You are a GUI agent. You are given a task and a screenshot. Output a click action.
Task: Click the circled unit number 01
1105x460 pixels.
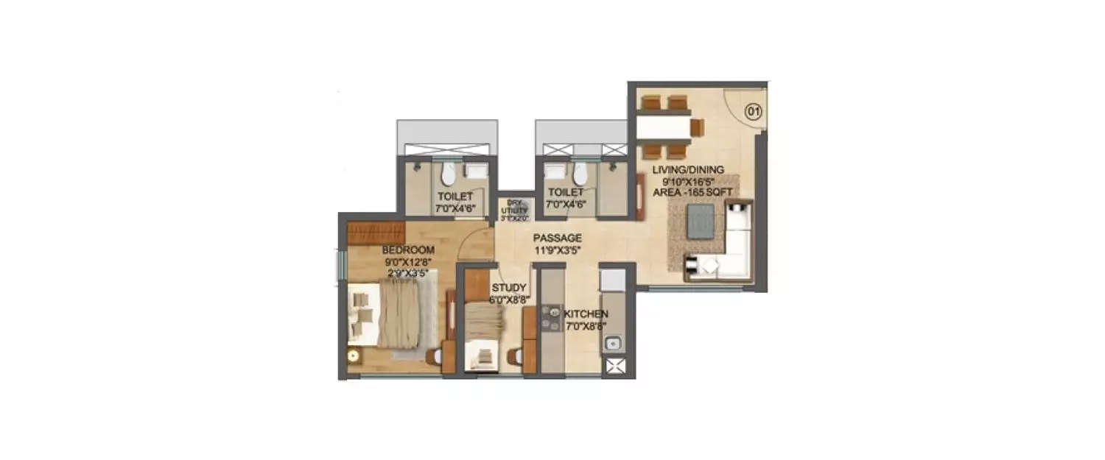coord(752,112)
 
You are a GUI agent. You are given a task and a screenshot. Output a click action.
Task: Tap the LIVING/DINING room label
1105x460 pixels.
coord(687,170)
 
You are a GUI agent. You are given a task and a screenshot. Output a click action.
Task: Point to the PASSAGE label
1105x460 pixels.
coord(558,238)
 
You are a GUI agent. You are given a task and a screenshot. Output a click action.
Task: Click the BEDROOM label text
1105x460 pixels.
coord(408,250)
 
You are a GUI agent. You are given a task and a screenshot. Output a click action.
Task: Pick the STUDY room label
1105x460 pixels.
coord(508,287)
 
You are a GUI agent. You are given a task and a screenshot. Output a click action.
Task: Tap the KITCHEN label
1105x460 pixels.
coord(586,314)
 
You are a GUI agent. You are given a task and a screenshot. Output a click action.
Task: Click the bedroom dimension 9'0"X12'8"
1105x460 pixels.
coord(408,261)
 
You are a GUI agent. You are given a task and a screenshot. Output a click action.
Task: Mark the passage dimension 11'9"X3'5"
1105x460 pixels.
coord(558,250)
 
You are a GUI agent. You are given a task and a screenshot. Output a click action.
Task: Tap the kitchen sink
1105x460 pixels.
coord(613,342)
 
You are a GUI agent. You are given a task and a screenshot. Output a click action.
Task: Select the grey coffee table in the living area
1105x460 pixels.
coord(700,221)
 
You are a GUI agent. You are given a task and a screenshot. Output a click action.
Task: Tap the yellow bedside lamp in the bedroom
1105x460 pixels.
coord(354,356)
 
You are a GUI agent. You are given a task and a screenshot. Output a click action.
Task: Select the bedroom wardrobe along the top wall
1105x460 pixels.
coord(376,232)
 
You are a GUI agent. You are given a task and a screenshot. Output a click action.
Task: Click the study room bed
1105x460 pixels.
coord(484,335)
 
